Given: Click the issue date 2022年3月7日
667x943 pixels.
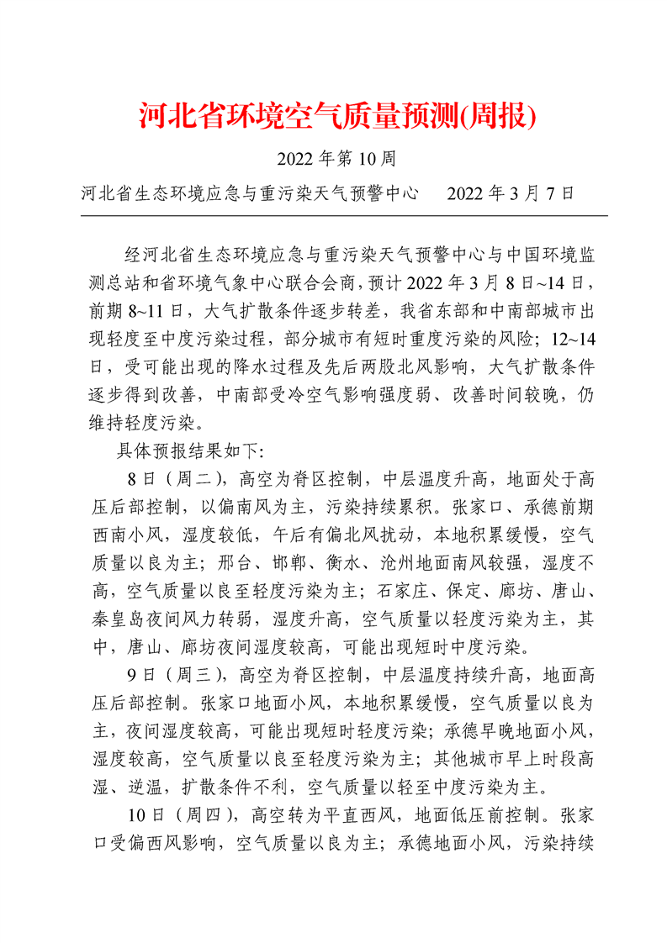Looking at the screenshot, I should point(511,192).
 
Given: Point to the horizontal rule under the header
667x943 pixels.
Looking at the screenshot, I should point(343,216).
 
